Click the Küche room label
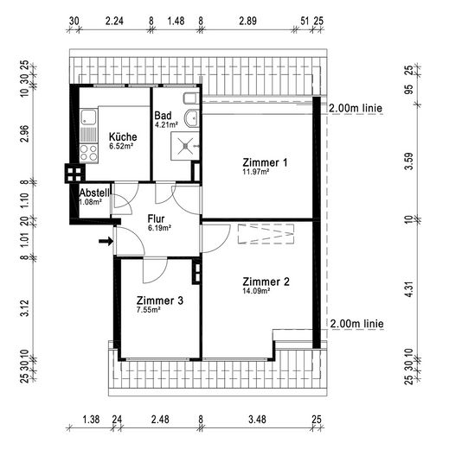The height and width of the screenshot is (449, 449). tap(123, 136)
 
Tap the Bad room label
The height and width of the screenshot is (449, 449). tap(163, 116)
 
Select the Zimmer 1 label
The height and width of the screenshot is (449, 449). tap(265, 162)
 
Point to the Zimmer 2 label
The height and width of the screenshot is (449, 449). tap(266, 281)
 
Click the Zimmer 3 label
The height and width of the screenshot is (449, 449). tap(160, 300)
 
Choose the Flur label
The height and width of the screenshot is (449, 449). tap(156, 218)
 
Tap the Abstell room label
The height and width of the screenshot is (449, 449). tap(94, 193)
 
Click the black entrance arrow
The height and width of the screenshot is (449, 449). tap(106, 241)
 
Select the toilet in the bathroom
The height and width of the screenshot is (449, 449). tap(191, 98)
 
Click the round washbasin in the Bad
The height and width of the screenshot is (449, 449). tap(191, 118)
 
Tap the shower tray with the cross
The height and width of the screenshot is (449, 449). tap(185, 146)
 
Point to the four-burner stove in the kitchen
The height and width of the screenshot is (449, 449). tap(88, 153)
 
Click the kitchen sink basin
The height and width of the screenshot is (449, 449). tap(88, 117)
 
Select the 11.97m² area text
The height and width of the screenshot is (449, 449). tap(256, 172)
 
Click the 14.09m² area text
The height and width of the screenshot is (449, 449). tap(256, 291)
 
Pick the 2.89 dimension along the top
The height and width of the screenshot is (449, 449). tap(247, 21)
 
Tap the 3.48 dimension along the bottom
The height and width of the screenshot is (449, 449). tap(257, 420)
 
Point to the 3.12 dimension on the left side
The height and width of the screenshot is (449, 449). tap(25, 308)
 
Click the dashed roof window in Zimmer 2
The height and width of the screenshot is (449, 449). tap(266, 234)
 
